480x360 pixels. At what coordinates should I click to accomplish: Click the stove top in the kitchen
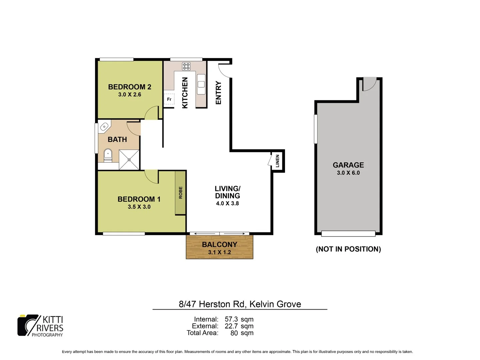click(x=186, y=66)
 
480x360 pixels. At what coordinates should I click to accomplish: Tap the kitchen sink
click(x=201, y=84)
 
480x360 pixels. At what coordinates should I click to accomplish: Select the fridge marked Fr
click(x=169, y=99)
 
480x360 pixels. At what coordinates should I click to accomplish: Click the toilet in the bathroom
click(x=108, y=155)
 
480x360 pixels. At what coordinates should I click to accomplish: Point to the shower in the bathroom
click(x=129, y=160)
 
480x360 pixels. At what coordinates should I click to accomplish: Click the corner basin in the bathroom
click(x=104, y=126)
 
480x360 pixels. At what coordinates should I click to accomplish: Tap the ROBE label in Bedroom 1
click(x=181, y=193)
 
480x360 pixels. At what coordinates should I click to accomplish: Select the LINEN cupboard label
click(x=277, y=161)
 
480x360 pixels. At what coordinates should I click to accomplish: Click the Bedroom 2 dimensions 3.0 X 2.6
click(x=130, y=95)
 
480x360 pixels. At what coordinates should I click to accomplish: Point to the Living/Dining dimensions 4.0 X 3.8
click(x=227, y=203)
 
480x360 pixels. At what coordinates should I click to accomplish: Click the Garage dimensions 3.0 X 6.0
click(x=348, y=173)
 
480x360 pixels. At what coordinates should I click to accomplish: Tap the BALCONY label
click(x=220, y=244)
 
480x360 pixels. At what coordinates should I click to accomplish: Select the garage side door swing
click(x=369, y=84)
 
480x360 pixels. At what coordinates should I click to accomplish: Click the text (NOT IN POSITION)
click(x=348, y=249)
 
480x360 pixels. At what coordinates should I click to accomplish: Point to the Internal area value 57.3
click(x=231, y=319)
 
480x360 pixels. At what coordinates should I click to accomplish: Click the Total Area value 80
click(x=234, y=333)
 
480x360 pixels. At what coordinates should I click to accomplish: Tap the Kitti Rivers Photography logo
click(x=40, y=326)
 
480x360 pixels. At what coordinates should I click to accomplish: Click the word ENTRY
click(x=218, y=93)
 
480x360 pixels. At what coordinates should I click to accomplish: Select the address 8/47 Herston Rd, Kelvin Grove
click(x=240, y=304)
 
